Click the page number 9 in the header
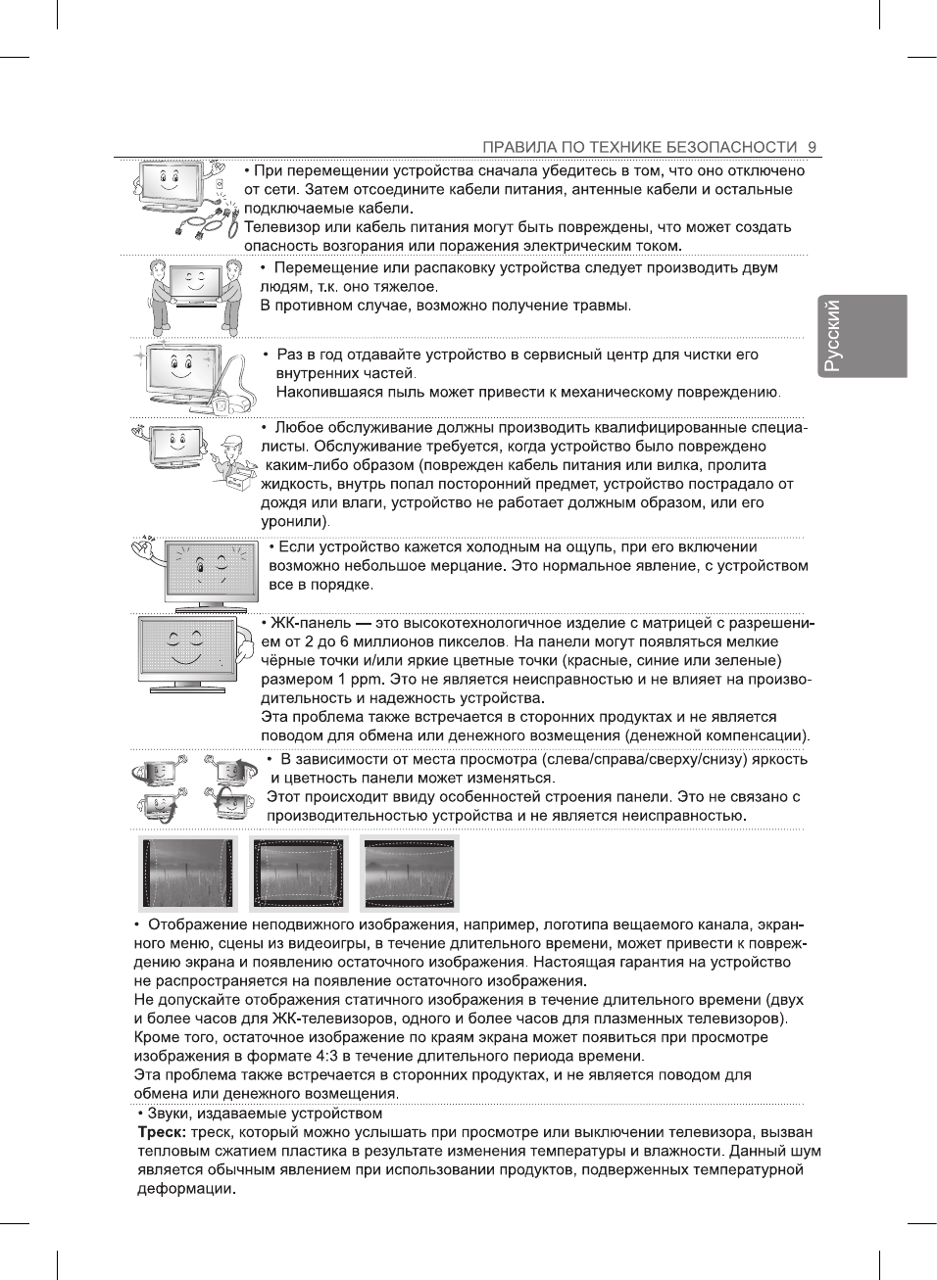[813, 147]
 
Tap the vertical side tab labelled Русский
[858, 336]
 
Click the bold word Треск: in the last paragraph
[162, 1132]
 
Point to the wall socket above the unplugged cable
[220, 184]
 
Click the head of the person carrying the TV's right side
[232, 268]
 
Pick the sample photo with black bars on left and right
[188, 874]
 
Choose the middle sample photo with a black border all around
[299, 874]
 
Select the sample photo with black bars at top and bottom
[409, 874]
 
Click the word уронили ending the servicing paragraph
[292, 521]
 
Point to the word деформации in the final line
[184, 1189]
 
